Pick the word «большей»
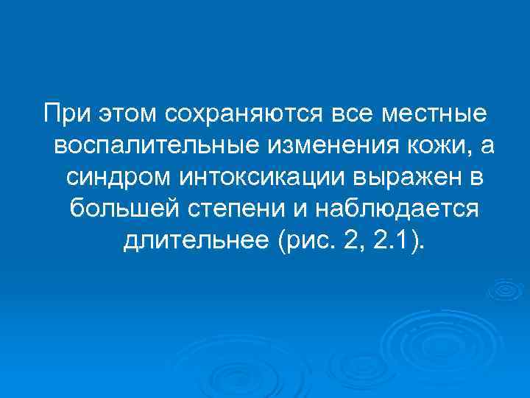(x=118, y=210)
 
